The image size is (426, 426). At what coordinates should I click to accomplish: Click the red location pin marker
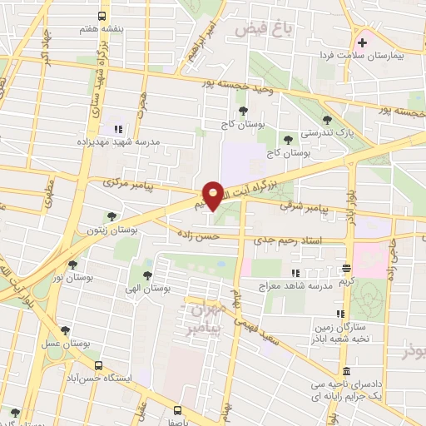tap(213, 195)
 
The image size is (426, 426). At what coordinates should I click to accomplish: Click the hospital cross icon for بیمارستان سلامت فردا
tap(362, 42)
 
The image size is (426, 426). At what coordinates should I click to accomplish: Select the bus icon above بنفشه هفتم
tap(102, 17)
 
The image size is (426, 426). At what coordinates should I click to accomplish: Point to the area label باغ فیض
tap(262, 29)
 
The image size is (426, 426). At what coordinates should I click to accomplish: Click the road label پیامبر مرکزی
tap(129, 182)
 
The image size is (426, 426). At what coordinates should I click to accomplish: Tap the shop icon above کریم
tap(346, 268)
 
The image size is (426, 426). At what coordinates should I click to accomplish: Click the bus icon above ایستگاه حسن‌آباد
tap(99, 364)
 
